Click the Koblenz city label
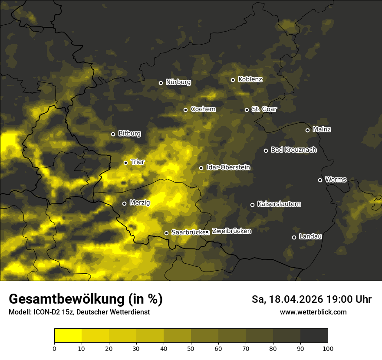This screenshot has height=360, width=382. click(250, 80)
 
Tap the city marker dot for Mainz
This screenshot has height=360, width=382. click(307, 130)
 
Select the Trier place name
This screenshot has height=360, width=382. click(138, 162)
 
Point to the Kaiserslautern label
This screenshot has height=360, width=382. click(279, 204)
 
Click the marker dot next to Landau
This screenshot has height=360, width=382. click(294, 237)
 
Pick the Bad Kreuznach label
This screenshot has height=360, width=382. click(294, 150)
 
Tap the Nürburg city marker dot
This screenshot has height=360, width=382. click(161, 83)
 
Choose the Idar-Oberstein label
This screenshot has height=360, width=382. click(228, 167)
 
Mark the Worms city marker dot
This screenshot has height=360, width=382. click(320, 180)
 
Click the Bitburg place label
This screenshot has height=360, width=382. click(130, 134)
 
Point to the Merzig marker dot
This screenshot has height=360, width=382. click(124, 203)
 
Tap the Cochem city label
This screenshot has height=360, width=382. click(203, 109)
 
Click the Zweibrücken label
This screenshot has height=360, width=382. click(231, 231)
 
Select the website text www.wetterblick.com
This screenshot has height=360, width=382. click(313, 312)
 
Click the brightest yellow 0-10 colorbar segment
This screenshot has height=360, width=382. click(68, 336)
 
